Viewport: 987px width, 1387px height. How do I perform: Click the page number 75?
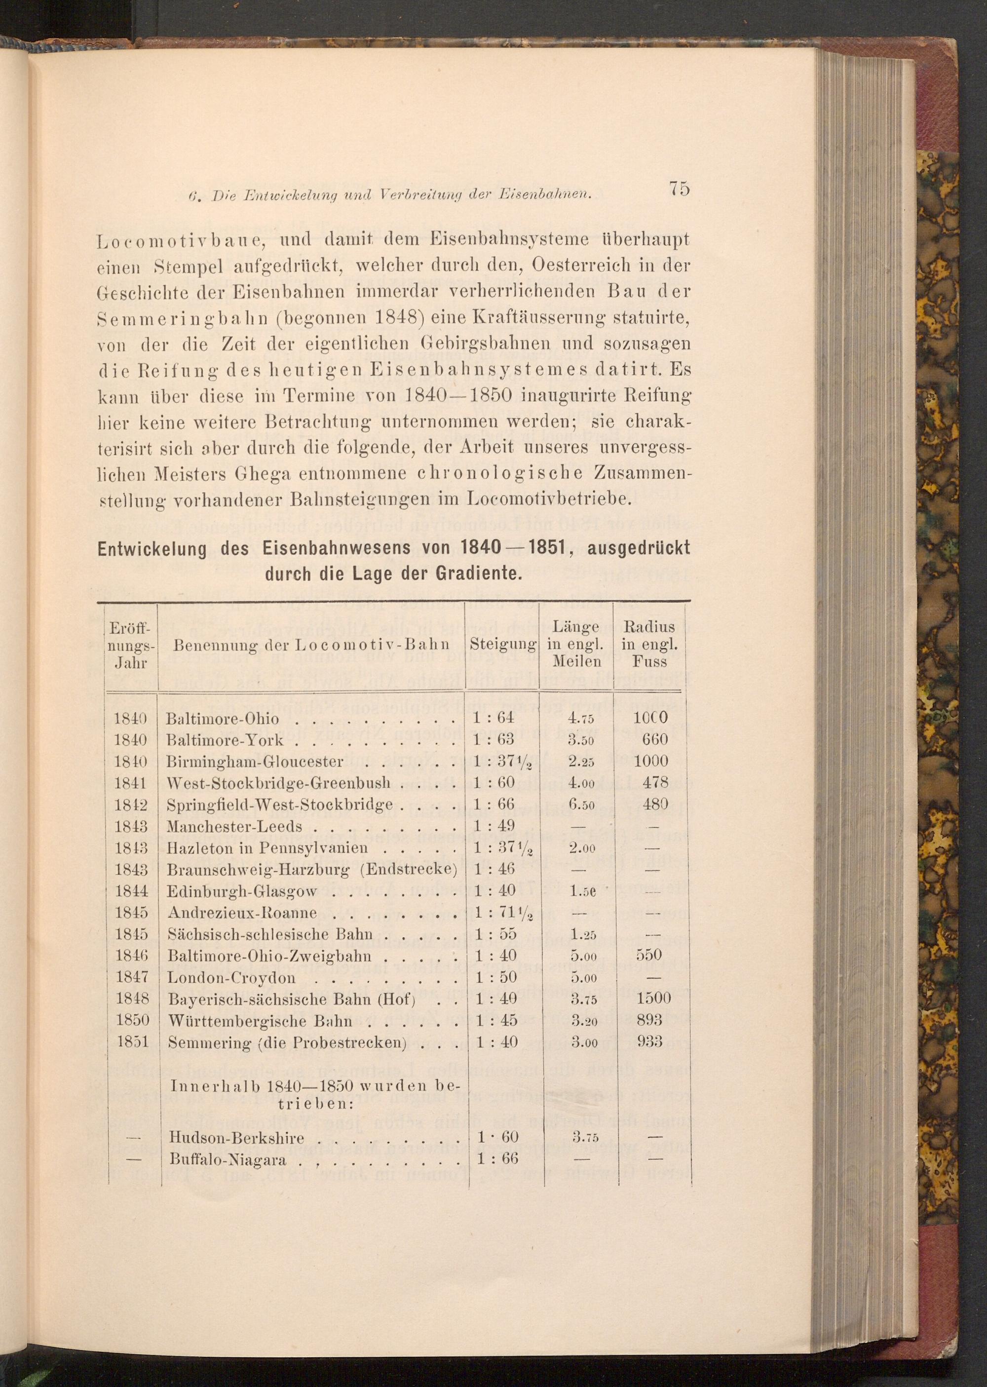click(680, 189)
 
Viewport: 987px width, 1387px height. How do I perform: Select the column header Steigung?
click(502, 645)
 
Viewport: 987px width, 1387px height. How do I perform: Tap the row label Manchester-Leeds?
click(234, 827)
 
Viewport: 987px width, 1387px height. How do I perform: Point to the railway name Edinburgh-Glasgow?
click(242, 891)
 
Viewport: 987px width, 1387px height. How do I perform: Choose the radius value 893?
click(649, 1020)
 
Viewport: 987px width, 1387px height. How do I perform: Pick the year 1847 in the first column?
click(132, 977)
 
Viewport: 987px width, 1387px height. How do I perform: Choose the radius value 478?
click(654, 783)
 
